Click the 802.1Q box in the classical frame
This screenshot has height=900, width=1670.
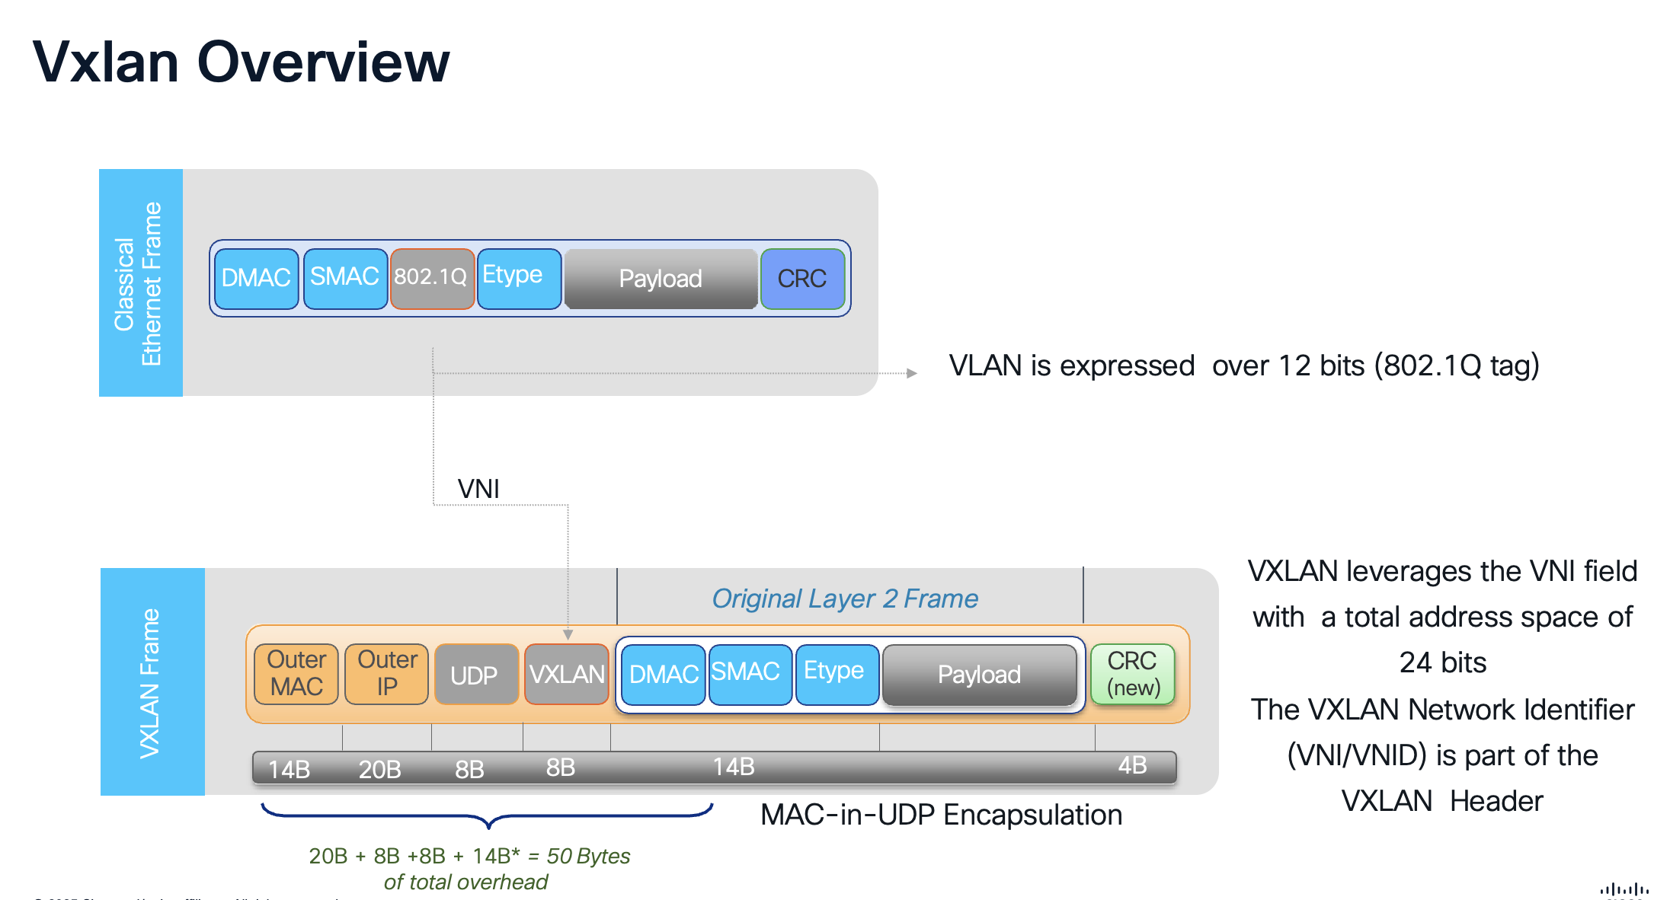431,279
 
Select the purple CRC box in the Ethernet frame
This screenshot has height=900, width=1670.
801,279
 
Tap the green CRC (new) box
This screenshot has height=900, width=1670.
1132,675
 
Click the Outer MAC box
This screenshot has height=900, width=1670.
296,675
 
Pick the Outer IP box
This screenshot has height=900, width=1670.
387,675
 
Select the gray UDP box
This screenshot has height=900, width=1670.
475,675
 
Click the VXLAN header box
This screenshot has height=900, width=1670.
567,675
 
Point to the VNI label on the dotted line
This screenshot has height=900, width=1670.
478,489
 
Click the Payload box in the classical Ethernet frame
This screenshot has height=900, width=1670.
661,279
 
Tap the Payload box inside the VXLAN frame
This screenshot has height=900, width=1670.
979,675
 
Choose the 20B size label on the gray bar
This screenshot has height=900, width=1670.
379,769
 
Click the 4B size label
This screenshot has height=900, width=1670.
1132,765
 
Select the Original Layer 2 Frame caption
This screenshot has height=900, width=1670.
844,598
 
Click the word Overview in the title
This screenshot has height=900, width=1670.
323,62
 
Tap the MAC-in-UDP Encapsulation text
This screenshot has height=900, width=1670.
941,815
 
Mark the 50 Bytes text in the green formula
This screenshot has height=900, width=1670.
588,856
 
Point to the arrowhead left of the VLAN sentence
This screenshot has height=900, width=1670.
912,373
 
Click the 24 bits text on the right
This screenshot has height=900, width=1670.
1442,662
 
